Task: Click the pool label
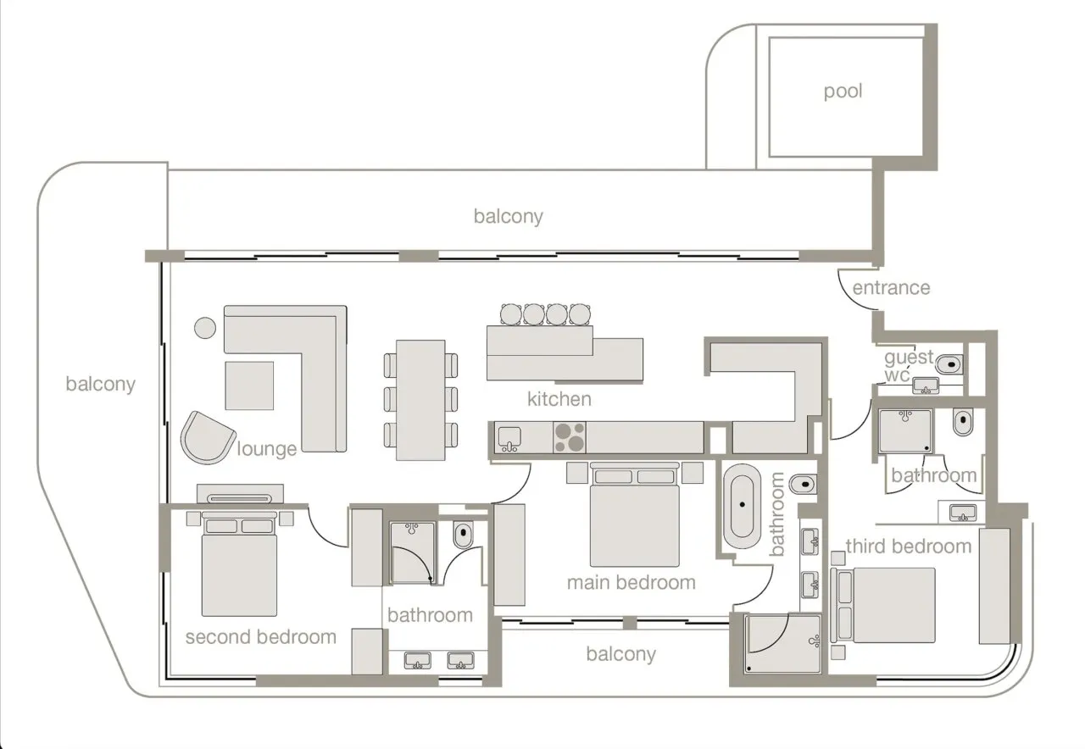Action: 843,92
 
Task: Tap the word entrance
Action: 891,288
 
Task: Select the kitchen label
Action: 559,399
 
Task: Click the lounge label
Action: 266,449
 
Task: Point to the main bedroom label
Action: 632,582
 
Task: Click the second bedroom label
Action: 260,637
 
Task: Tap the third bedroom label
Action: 909,546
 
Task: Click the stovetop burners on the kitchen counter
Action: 570,437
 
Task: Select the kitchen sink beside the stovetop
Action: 509,439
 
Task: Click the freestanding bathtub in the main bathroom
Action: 742,506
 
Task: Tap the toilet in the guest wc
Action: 949,364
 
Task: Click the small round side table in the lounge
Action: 205,328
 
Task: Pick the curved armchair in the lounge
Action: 208,438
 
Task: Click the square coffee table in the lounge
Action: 249,386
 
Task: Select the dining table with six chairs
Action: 420,400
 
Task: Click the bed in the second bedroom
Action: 239,564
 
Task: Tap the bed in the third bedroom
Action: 883,605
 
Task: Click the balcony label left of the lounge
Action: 100,385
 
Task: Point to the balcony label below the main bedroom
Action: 621,654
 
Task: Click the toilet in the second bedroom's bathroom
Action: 464,534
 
